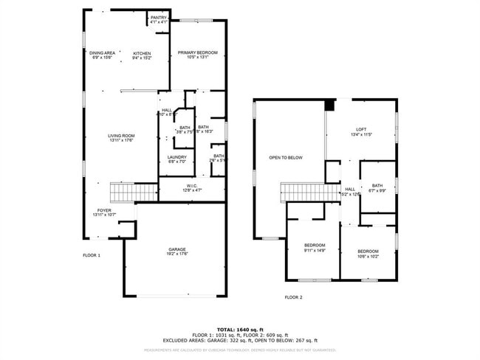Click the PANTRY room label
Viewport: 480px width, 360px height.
(x=159, y=18)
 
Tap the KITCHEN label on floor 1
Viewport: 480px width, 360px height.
(x=142, y=54)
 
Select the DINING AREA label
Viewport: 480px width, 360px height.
(x=102, y=54)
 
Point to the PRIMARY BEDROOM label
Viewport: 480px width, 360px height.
(x=197, y=53)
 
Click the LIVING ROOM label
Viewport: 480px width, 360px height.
(x=121, y=136)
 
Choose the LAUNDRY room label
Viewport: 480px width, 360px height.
(x=176, y=157)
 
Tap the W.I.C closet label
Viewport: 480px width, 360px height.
(x=191, y=186)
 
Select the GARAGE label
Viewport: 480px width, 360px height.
(x=176, y=250)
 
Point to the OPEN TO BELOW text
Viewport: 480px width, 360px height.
(x=286, y=158)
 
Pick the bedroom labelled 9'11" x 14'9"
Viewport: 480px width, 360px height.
(x=314, y=246)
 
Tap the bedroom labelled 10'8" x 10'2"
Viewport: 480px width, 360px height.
(x=368, y=252)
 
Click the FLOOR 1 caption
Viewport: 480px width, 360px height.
(x=91, y=255)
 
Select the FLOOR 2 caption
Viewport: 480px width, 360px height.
(x=294, y=297)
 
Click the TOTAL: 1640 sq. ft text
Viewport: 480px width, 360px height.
(x=241, y=329)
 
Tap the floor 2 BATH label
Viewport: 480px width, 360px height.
(x=377, y=186)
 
